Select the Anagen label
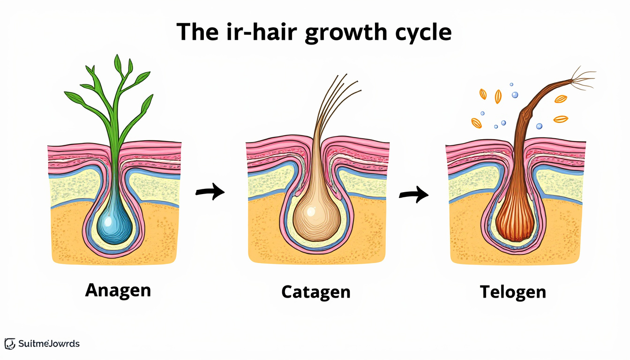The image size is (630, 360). pos(118,290)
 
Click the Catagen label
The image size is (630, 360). pos(315,292)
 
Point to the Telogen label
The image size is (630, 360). pos(513,292)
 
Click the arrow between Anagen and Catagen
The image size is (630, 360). pos(210,192)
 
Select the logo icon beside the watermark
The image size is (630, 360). pos(10,344)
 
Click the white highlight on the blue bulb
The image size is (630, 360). pos(108,221)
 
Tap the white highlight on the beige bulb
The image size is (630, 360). pos(311,212)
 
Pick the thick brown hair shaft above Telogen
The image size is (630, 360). pos(530,112)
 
